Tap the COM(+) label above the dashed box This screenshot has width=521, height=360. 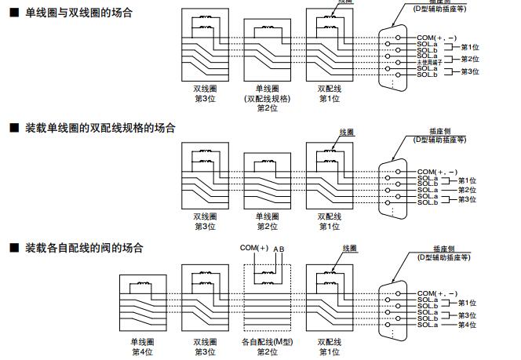[x=254, y=249]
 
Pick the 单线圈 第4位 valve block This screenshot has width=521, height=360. [x=142, y=305]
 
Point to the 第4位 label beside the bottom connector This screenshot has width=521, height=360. [x=468, y=325]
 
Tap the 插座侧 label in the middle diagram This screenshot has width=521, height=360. [x=439, y=131]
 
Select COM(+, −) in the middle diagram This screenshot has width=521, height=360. [x=437, y=171]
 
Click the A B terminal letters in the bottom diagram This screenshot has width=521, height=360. [x=279, y=249]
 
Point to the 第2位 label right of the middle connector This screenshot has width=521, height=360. [x=468, y=191]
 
